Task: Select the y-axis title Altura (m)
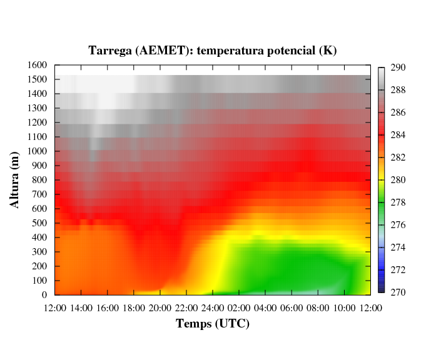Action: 16,179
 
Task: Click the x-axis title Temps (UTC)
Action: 213,324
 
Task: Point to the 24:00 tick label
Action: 213,307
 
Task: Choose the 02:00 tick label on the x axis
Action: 240,307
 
